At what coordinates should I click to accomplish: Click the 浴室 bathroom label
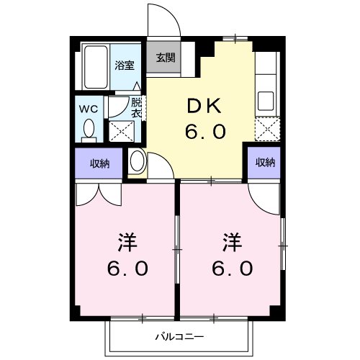(x=124, y=66)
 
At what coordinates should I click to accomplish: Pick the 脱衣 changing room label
(x=136, y=108)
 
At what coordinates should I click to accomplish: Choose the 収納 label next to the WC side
(x=99, y=163)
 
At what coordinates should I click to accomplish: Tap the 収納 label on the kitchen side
(x=265, y=162)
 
